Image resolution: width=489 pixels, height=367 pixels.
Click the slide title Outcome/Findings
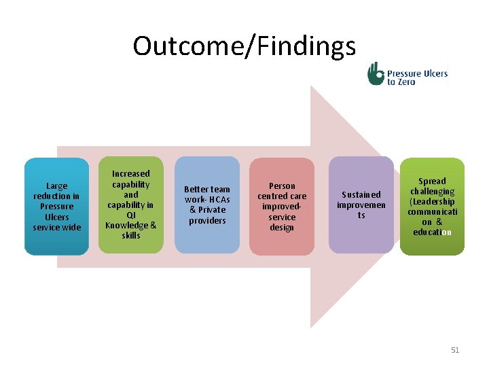pos(244,46)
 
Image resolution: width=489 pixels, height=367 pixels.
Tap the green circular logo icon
pos(376,73)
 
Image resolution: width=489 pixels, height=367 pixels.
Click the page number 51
pos(455,350)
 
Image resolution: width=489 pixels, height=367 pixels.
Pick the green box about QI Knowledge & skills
pos(130,245)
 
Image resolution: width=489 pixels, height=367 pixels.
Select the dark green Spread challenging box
pos(432,245)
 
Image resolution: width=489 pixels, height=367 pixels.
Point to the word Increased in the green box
pos(131,174)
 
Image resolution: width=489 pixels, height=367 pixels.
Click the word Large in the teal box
pos(57,186)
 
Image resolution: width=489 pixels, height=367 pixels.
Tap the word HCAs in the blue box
pos(219,200)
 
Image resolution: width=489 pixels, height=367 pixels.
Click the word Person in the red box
pos(282,186)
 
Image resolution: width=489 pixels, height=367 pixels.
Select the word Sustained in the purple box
pos(361,194)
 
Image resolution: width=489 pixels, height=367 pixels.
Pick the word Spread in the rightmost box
pos(432,181)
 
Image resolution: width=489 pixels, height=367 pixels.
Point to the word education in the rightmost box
pos(432,232)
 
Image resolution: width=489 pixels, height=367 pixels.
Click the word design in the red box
pos(282,228)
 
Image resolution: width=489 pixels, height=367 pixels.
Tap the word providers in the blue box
pos(207,221)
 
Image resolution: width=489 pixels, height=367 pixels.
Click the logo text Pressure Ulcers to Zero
pos(416,77)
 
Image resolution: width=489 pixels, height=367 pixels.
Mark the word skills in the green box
pos(131,235)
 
